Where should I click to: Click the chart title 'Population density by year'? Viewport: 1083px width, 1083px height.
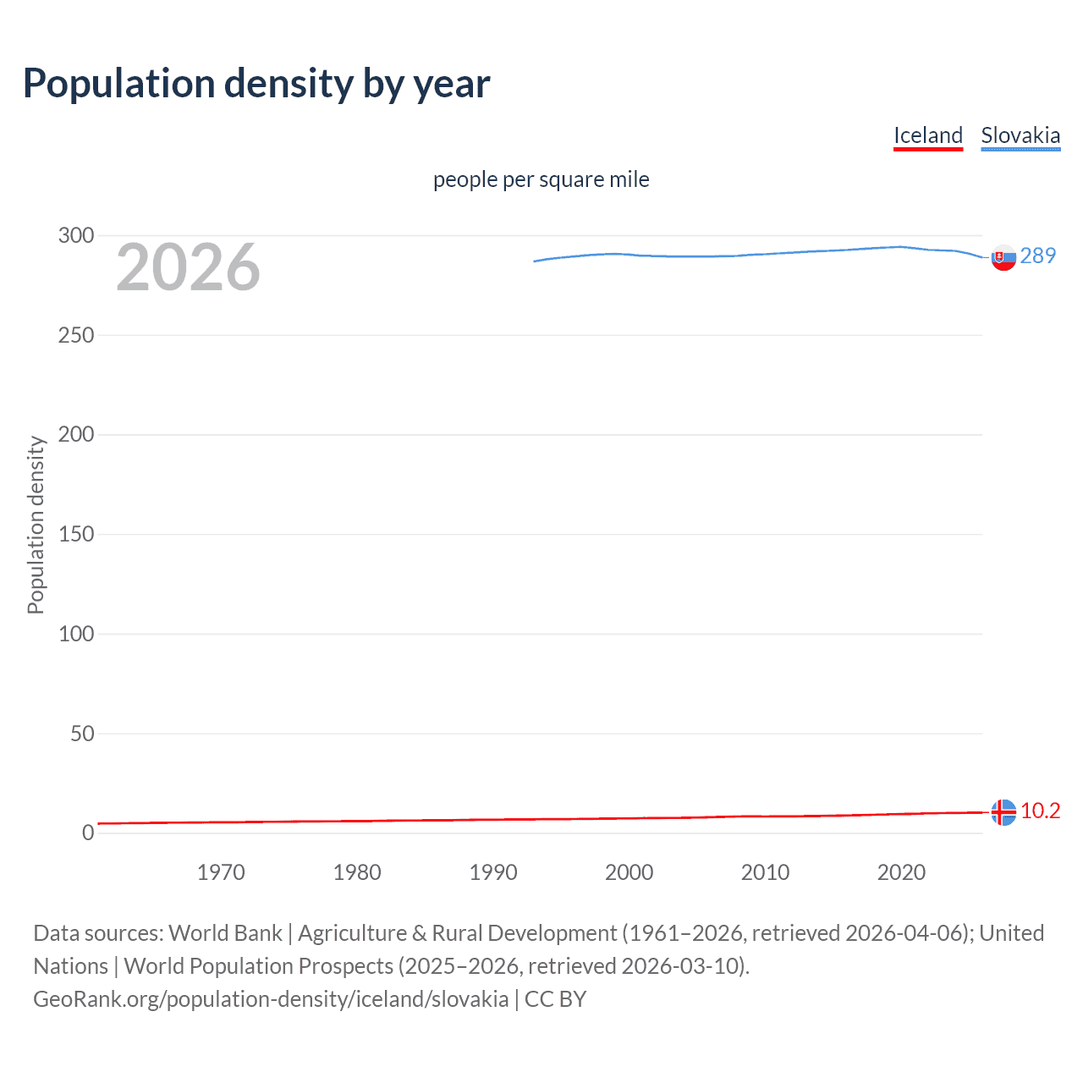[256, 84]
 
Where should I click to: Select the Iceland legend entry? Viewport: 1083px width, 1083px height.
[928, 135]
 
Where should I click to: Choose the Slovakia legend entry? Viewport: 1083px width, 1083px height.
[1020, 135]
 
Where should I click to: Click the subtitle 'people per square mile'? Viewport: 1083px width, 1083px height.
[541, 179]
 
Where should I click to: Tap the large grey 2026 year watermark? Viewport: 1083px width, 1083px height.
[188, 267]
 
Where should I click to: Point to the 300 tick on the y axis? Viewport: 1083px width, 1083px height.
[76, 235]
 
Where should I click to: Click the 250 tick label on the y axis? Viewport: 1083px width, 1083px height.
[76, 335]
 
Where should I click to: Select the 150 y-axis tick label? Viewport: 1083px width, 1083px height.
[76, 534]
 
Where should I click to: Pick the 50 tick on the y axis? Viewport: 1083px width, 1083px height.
[82, 734]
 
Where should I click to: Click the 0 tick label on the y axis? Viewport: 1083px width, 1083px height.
[88, 833]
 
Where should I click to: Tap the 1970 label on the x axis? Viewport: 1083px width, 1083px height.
[221, 872]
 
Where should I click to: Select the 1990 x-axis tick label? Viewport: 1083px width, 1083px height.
[493, 872]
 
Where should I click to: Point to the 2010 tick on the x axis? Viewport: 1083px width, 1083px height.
[765, 872]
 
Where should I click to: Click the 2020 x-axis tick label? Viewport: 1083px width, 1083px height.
[901, 872]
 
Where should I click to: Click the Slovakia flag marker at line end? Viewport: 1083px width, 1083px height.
[1003, 258]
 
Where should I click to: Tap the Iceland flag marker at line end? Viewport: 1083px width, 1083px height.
[1003, 812]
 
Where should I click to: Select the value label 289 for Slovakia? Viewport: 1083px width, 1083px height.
[1038, 256]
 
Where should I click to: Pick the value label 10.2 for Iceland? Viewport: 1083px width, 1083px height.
[1040, 811]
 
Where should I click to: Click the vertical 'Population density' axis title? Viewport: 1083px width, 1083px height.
[36, 525]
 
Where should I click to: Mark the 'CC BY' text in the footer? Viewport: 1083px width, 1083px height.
[555, 999]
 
